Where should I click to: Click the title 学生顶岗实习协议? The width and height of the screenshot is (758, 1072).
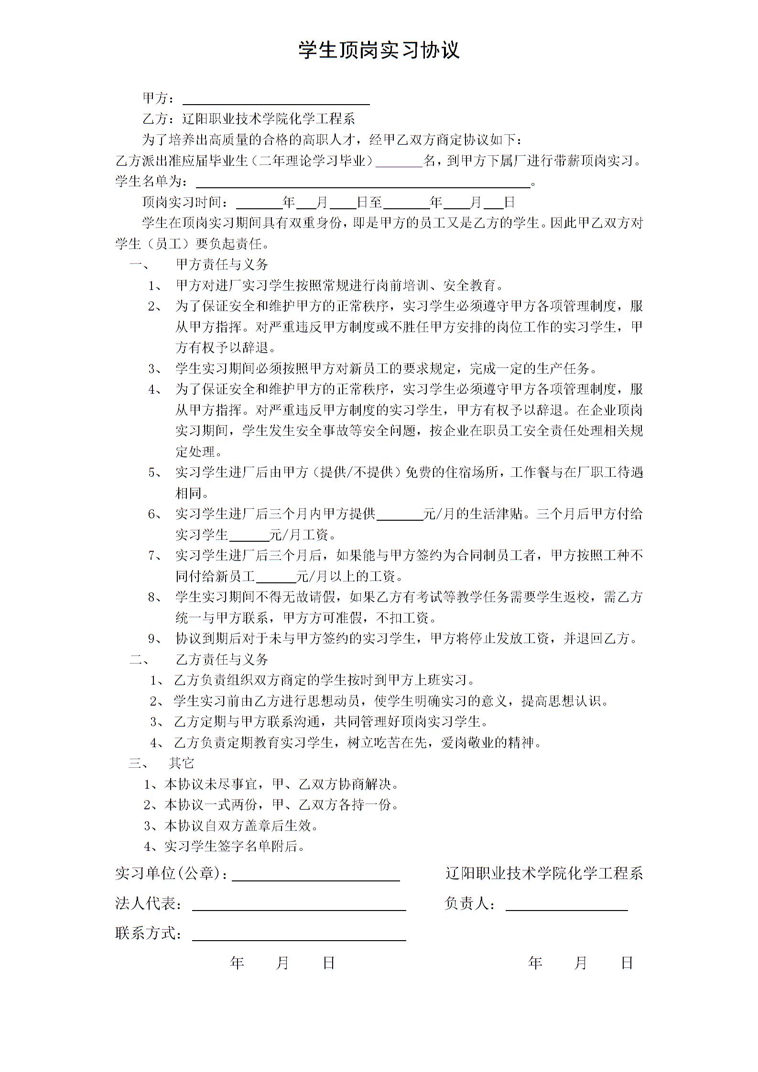click(379, 50)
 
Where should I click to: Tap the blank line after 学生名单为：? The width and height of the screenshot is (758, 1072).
click(363, 182)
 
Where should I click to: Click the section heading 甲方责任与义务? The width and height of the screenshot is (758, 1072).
click(222, 265)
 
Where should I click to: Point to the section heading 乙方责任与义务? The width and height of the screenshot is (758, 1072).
click(222, 660)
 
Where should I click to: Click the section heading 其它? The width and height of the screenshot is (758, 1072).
click(182, 763)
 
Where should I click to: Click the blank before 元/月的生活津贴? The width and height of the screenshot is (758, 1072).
click(400, 515)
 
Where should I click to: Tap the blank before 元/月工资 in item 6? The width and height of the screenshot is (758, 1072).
click(249, 535)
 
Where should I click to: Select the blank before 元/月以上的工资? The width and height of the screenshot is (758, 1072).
click(276, 577)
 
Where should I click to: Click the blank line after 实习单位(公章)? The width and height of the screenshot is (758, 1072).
click(315, 875)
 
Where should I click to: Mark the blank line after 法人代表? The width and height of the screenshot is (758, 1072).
click(299, 905)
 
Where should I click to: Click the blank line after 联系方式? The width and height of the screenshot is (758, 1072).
click(299, 935)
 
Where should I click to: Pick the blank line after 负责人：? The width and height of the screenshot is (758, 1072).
click(566, 905)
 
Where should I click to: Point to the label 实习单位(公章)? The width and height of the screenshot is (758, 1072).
click(171, 874)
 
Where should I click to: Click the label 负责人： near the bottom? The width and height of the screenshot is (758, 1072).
click(470, 903)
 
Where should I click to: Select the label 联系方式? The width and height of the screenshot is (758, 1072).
click(148, 933)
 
